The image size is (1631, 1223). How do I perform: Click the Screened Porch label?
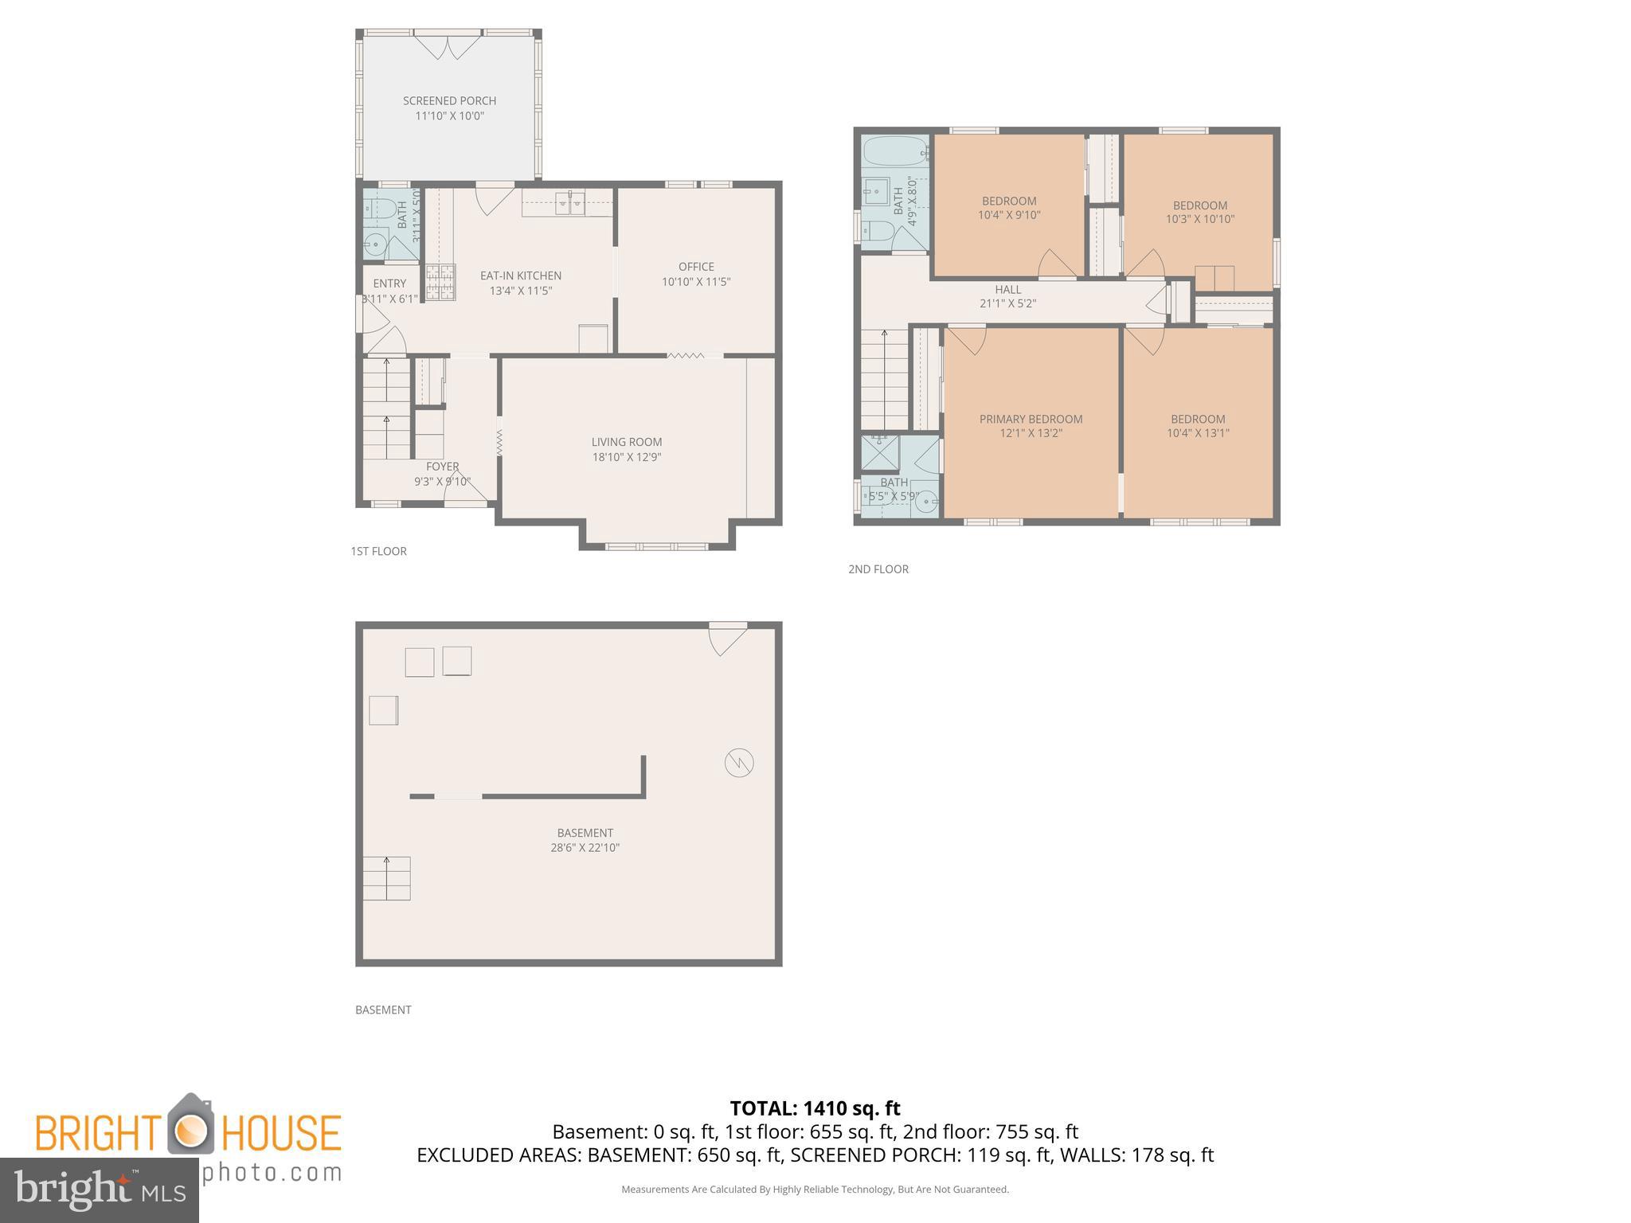[x=449, y=101]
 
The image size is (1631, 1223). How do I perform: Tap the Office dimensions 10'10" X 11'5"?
[x=695, y=282]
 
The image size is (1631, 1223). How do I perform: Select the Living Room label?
[x=626, y=442]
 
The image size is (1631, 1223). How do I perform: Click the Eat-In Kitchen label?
[x=520, y=275]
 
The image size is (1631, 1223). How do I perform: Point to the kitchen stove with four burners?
[x=440, y=283]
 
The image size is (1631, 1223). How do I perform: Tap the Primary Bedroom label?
[x=1031, y=419]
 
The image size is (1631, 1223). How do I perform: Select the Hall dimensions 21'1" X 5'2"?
[x=1007, y=303]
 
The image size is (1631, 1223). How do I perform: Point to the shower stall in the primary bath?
[x=880, y=453]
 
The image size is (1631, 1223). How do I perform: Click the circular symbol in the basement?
[x=739, y=763]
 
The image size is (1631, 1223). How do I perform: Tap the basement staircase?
[x=387, y=878]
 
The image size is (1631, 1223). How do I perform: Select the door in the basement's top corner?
[x=726, y=639]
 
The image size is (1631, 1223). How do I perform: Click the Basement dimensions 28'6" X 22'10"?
[x=585, y=848]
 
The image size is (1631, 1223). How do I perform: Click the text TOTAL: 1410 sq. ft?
[x=815, y=1108]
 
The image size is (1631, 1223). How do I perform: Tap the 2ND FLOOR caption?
[x=878, y=569]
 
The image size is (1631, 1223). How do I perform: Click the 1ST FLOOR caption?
[x=378, y=551]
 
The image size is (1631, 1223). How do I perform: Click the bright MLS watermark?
[x=99, y=1190]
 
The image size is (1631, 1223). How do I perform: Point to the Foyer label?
[x=442, y=467]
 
